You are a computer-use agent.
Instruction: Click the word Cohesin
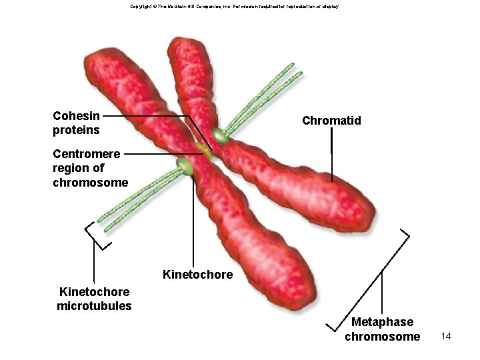pos(76,116)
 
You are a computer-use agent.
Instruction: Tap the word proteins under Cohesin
pos(76,129)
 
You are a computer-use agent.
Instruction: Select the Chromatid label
pos(331,121)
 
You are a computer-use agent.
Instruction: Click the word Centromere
pos(87,154)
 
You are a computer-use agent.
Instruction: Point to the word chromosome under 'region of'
pos(91,182)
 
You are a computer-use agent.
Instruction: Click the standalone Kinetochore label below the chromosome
pos(198,275)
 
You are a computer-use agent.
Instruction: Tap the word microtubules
pos(95,306)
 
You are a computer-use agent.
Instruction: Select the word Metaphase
pos(383,322)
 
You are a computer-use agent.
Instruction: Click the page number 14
pos(446,336)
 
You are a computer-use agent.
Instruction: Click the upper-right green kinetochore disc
pos(221,138)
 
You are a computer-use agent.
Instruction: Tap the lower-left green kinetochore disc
pos(183,166)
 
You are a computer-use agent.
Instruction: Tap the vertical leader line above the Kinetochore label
pos(193,220)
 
